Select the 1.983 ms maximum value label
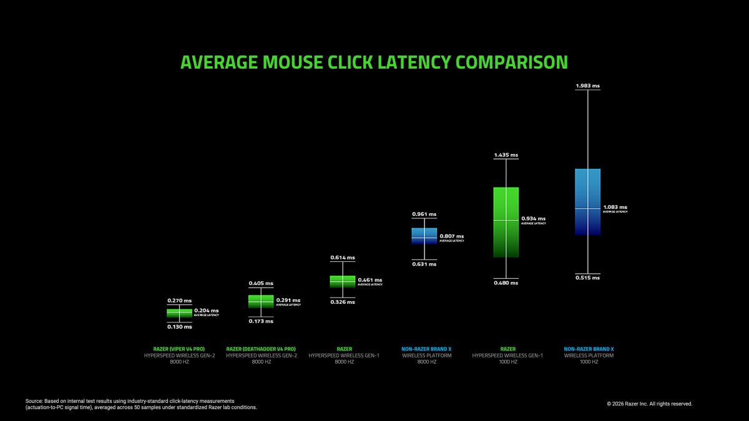587,85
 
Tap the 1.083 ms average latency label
615,207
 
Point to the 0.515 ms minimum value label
587,278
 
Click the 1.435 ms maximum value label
506,155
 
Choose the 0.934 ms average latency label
533,219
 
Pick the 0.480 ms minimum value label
506,283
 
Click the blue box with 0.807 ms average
424,236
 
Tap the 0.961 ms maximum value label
424,214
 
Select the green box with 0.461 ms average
342,281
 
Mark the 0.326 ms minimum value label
342,302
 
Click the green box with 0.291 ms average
261,301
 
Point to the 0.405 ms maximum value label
261,283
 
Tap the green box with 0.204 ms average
179,312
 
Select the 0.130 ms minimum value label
179,327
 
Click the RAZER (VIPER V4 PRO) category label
179,349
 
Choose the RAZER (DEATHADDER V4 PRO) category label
261,349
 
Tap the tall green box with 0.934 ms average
506,222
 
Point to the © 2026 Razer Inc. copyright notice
649,404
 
